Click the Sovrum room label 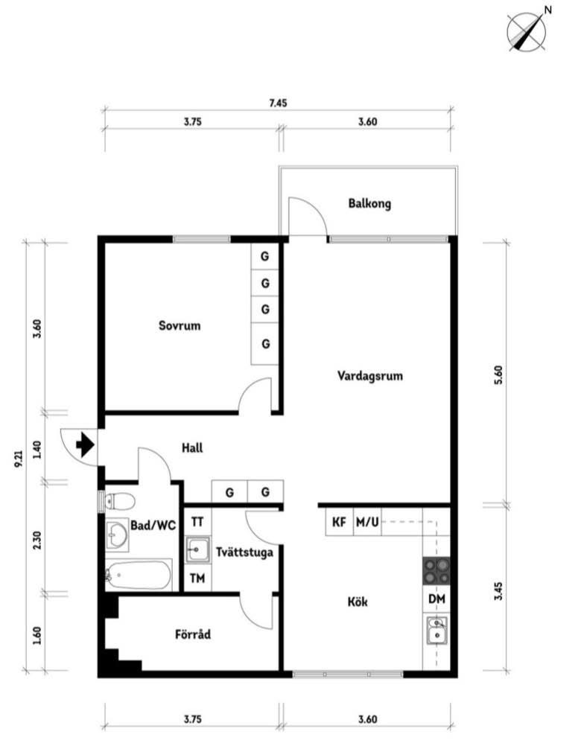tap(180, 326)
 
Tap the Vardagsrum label tap(370, 376)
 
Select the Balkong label tap(369, 204)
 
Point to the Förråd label tap(193, 634)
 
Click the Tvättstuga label tap(244, 552)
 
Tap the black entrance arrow tap(85, 444)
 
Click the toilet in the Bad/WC tap(119, 500)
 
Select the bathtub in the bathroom tap(138, 575)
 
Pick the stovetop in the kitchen tap(436, 571)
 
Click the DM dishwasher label tap(436, 599)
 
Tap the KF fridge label tap(339, 522)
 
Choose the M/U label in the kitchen tap(367, 522)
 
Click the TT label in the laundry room tap(197, 522)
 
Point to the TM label tap(197, 578)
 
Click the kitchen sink tap(436, 631)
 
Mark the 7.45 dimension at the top tap(279, 103)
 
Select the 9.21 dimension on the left tap(19, 458)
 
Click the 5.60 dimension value tap(498, 375)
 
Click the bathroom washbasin tap(117, 535)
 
